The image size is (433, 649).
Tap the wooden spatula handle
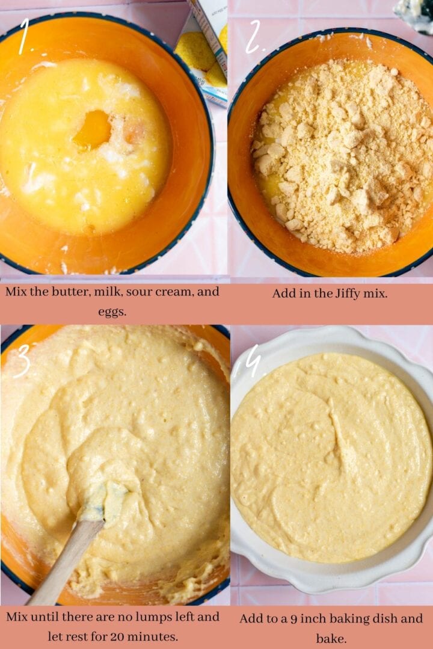(60, 565)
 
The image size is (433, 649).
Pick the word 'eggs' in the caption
(112, 312)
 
